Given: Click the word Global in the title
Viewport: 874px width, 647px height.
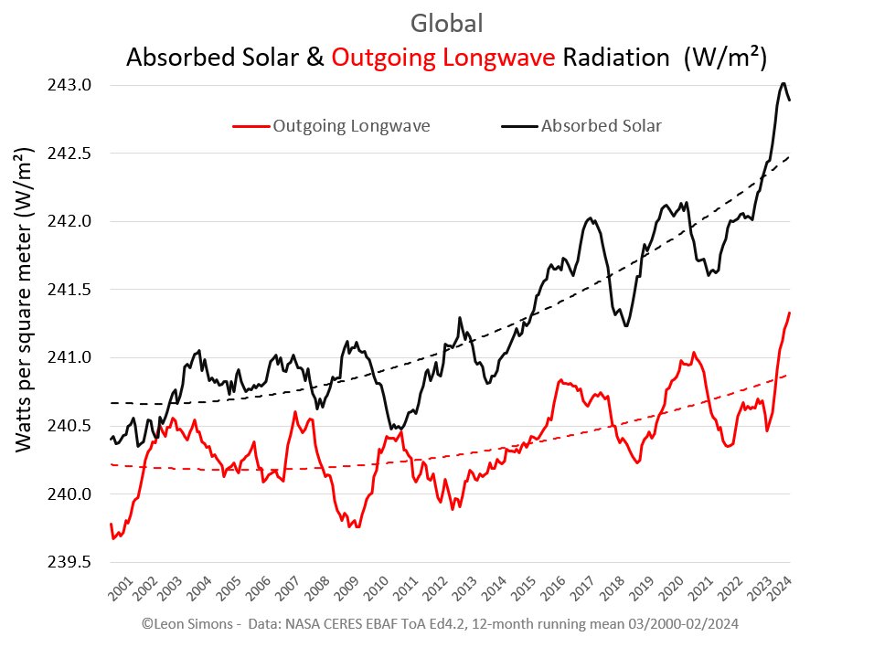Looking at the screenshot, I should click(447, 24).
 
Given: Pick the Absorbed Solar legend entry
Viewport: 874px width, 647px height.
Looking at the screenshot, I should click(601, 126).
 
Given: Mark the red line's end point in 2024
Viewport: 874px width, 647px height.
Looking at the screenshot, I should click(790, 313).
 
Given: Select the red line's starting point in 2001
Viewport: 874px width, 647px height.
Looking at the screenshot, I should click(111, 525).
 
